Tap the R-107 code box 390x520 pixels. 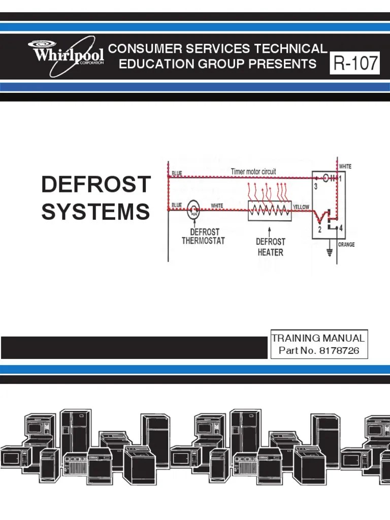pos(355,63)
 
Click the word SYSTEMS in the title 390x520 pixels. pos(96,211)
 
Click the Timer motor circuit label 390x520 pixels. pos(253,172)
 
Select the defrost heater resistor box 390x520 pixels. pos(270,210)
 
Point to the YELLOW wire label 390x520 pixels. pos(302,207)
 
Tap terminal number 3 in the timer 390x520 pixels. pos(315,187)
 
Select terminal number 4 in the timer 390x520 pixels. pos(341,229)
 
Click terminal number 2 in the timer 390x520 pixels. pos(319,230)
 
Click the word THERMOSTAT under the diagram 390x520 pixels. pos(203,241)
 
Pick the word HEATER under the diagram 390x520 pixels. pos(270,252)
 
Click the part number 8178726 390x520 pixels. pos(334,350)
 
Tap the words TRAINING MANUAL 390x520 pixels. pos(318,338)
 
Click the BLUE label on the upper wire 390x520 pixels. pos(177,173)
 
